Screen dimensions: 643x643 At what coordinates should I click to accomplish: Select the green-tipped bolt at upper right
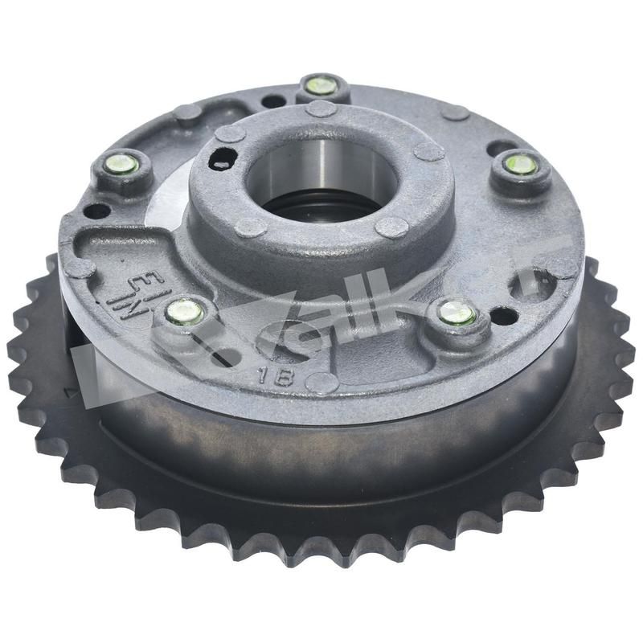click(521, 164)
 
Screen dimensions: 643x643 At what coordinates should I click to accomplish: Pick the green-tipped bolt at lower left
click(186, 309)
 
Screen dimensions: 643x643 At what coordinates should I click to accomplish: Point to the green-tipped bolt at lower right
click(457, 313)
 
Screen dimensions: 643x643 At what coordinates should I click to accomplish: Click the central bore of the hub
click(321, 181)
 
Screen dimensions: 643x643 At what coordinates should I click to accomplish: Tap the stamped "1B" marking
click(268, 374)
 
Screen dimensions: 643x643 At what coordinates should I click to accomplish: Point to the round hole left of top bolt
click(273, 102)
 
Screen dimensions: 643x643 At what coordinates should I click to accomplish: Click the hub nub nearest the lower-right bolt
click(391, 227)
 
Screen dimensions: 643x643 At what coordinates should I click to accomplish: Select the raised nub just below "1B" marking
click(321, 383)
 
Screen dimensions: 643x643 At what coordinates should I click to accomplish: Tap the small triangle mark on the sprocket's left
click(69, 392)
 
